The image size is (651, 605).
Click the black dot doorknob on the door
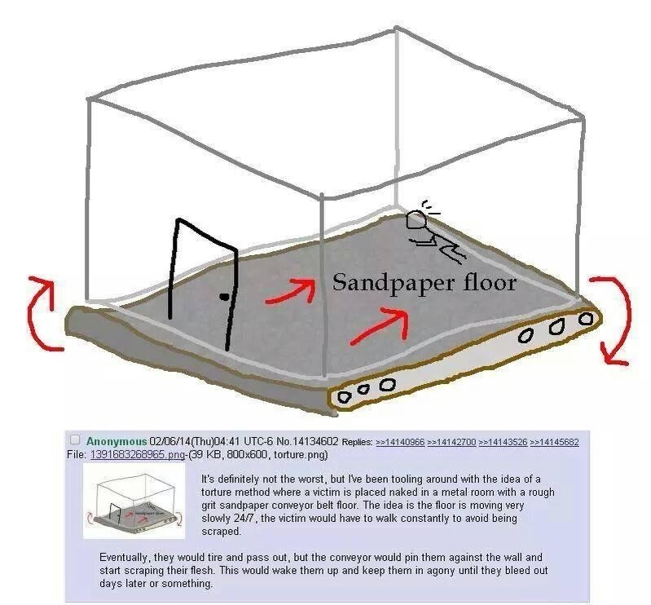click(222, 297)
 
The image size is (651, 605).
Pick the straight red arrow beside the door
click(290, 290)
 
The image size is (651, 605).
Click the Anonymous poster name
click(117, 441)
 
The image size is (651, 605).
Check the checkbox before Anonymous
click(76, 441)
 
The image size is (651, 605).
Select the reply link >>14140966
click(400, 442)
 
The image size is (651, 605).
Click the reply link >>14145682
click(554, 442)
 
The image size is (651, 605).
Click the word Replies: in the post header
click(357, 442)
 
